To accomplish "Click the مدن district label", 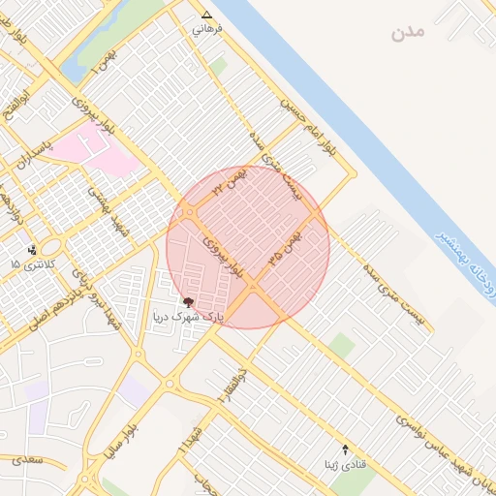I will tap(408, 33).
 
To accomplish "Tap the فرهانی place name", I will tap(207, 29).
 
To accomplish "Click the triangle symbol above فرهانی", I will tap(205, 15).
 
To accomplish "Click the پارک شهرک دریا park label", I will tap(190, 317).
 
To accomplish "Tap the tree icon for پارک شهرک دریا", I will tap(188, 302).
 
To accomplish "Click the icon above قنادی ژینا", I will tap(346, 449).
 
